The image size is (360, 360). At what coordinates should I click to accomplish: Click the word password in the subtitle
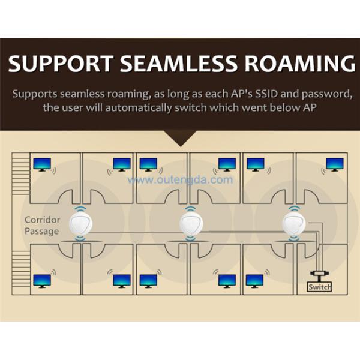tap(322, 95)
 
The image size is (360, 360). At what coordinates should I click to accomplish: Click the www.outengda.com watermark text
tap(180, 179)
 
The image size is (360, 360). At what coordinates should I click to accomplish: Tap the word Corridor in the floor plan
tap(42, 220)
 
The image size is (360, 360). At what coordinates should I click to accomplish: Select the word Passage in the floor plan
tap(42, 231)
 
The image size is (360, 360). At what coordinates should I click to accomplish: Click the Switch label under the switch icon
tap(319, 287)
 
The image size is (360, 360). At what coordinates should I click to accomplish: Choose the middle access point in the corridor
tap(190, 224)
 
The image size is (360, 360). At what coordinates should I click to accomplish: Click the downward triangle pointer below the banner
tap(180, 139)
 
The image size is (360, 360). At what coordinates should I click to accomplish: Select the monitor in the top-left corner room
tap(42, 164)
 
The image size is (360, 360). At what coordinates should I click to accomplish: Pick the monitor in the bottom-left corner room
tap(42, 280)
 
